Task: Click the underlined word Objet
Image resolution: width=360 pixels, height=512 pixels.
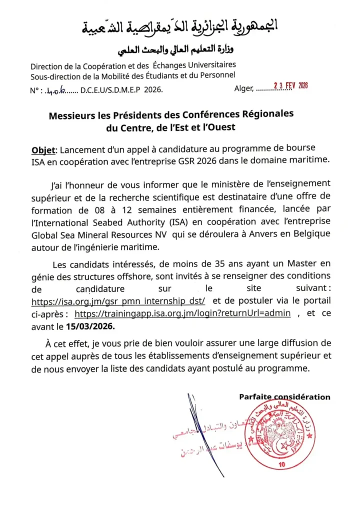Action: tap(44, 150)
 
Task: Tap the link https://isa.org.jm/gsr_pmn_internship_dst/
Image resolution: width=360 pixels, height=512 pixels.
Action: tap(118, 301)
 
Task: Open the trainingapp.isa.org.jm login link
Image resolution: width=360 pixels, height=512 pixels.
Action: tap(182, 313)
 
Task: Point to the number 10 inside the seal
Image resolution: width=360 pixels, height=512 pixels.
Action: tap(281, 465)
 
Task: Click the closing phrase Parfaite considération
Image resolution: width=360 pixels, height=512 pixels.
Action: tap(284, 397)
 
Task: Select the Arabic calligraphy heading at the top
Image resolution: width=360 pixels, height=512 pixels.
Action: tap(180, 28)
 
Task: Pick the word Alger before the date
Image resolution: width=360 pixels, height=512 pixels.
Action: tap(243, 89)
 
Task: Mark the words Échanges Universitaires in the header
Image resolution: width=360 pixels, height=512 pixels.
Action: tap(196, 65)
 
